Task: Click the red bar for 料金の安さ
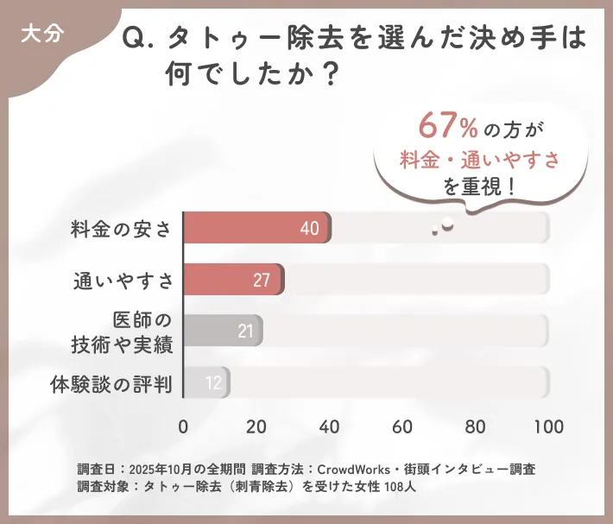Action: tap(257, 228)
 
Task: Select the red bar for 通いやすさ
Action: tap(233, 280)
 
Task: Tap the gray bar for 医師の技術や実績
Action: tap(223, 331)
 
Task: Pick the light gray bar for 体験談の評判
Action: tap(206, 382)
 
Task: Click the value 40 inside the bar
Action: tap(310, 229)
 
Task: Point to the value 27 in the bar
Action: tap(262, 280)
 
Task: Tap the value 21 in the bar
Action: tap(244, 331)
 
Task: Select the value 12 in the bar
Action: tap(213, 382)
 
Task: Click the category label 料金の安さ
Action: tap(122, 229)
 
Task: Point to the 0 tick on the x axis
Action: tap(183, 426)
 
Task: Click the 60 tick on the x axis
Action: tap(401, 426)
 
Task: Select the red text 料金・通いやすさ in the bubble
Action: tap(480, 159)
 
